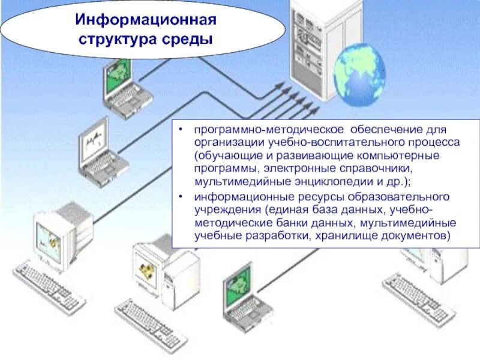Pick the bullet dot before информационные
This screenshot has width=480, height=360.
point(183,197)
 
